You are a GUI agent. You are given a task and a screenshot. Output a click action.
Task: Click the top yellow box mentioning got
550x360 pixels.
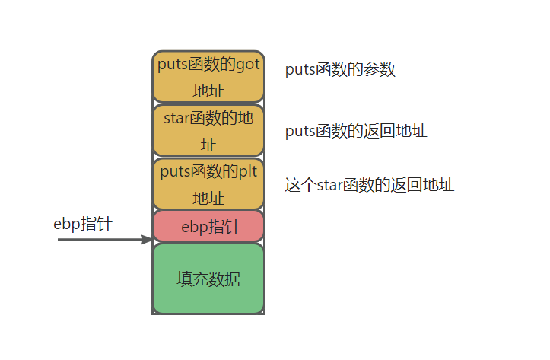coord(208,77)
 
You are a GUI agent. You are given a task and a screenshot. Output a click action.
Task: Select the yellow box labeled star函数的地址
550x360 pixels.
coord(208,131)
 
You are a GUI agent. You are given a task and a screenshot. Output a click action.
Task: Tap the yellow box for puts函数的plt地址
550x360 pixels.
coord(208,184)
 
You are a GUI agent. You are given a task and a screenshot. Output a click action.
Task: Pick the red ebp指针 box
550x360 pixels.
coord(208,226)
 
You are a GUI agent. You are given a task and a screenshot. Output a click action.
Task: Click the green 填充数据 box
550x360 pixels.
coord(208,279)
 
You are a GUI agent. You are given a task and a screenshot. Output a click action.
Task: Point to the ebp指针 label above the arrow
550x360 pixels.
coord(83,223)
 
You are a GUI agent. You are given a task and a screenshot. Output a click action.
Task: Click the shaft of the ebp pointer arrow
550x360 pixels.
coord(99,240)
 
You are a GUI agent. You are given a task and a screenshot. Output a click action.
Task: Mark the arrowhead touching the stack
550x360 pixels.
coord(148,240)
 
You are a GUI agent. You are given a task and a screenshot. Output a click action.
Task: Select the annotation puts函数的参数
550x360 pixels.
coord(340,70)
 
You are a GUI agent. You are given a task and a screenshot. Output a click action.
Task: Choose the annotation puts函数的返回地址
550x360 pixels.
coord(356,131)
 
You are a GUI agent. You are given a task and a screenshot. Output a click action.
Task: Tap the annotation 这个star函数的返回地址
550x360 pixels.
coord(370,184)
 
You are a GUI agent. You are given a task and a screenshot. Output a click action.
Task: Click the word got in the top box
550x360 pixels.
coord(248,65)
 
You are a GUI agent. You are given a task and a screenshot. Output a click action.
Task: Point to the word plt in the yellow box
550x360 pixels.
coord(248,171)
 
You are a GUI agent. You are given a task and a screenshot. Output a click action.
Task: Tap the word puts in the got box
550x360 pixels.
coord(172,65)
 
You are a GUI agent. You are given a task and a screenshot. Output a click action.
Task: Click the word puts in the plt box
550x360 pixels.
coord(174,171)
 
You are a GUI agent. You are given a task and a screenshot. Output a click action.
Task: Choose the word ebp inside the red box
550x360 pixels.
coord(194,227)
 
